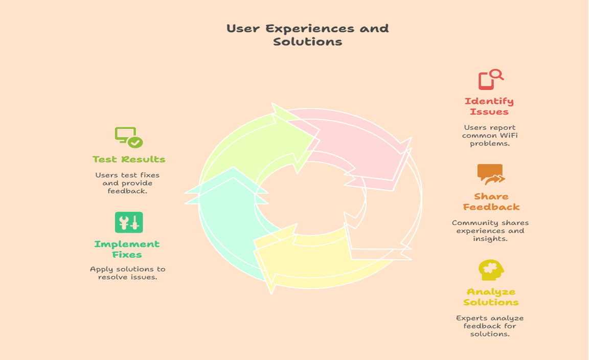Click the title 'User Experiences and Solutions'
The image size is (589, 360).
coord(307,35)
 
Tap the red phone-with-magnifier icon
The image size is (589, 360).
coord(490,80)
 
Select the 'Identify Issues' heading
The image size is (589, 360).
coord(489,106)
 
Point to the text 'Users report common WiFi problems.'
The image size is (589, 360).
coord(489,136)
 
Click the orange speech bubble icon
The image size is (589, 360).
coord(490,174)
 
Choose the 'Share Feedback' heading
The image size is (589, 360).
coord(491,201)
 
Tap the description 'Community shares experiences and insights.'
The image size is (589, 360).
coord(490,231)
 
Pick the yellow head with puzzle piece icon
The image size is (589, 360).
coord(491,270)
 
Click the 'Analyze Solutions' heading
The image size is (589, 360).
coord(491,297)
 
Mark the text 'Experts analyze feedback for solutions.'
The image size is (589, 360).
coord(490,326)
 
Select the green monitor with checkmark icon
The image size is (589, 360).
coord(128,137)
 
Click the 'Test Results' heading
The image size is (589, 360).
coord(129,160)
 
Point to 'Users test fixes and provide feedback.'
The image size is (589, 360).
coord(127,183)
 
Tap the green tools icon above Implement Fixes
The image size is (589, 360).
coord(129,222)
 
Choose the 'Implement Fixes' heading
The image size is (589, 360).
coord(127,249)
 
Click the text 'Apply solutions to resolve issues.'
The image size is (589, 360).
coord(127,273)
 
